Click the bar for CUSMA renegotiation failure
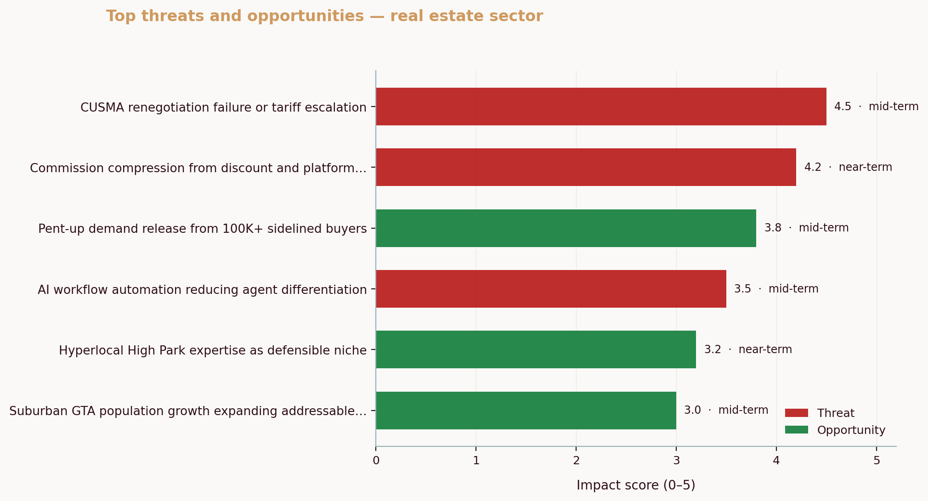(601, 107)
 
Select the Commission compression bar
(586, 167)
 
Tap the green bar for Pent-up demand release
(566, 228)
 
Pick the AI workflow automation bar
(551, 289)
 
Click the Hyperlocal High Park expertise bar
(536, 349)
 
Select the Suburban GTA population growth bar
(526, 411)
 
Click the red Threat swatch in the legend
(796, 413)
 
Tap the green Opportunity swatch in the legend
(796, 430)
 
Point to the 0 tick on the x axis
(376, 461)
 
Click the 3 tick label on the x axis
(676, 461)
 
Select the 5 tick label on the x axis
(877, 461)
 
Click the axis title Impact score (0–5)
(636, 485)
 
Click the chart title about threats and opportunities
(324, 16)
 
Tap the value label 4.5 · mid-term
(876, 107)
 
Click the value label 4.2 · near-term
(848, 167)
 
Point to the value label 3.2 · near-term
(748, 349)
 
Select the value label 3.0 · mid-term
(726, 410)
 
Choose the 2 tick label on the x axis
(576, 461)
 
